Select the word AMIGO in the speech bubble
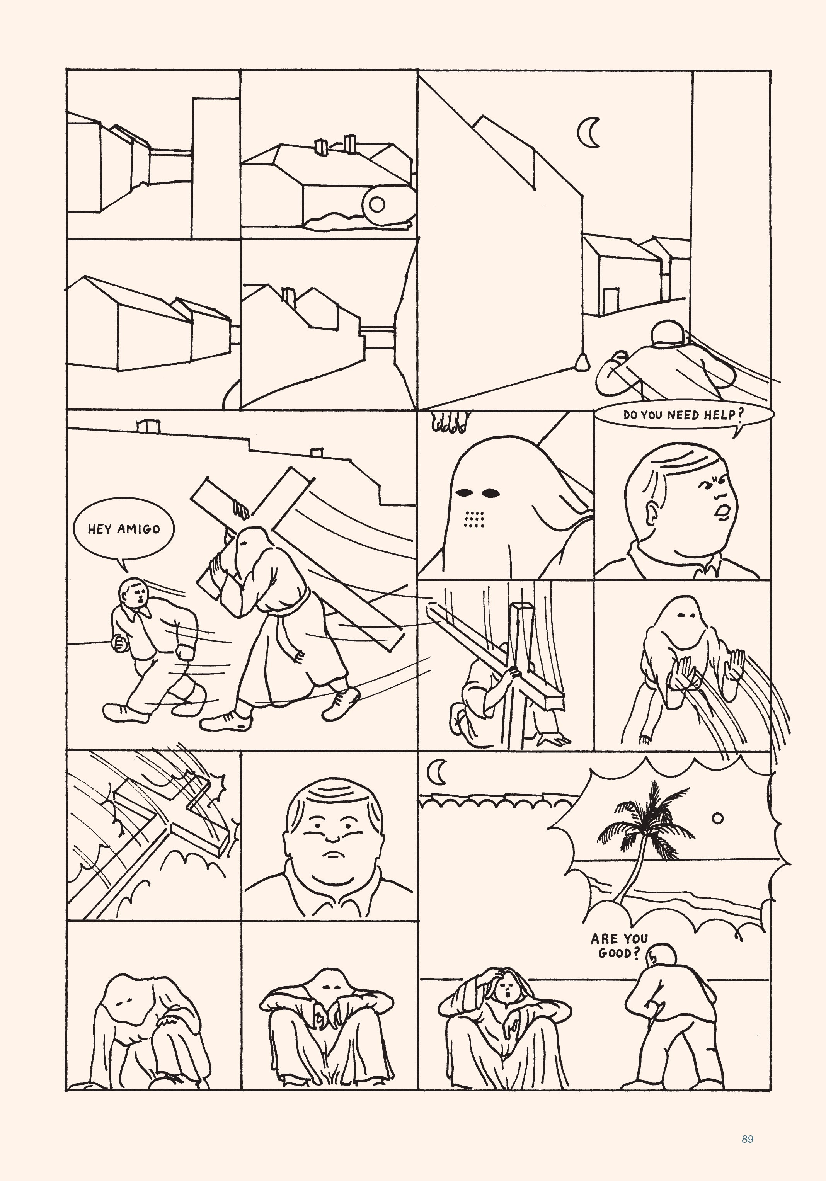[141, 529]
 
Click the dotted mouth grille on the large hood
[474, 520]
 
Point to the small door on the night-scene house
[610, 301]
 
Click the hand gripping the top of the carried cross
[240, 509]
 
